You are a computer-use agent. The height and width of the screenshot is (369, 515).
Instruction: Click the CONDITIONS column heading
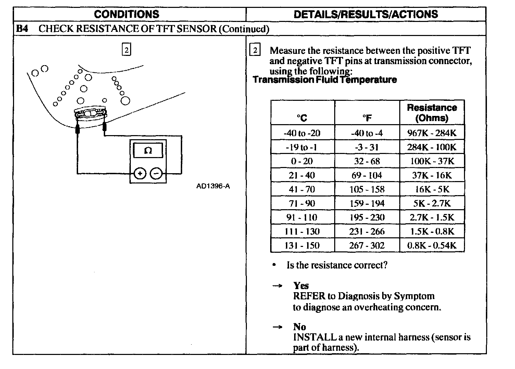pyautogui.click(x=126, y=14)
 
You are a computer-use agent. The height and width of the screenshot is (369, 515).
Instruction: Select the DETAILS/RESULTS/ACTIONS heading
pyautogui.click(x=366, y=14)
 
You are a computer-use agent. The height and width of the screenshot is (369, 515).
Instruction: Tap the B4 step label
pyautogui.click(x=22, y=29)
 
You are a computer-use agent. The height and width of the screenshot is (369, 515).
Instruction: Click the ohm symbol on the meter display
pyautogui.click(x=148, y=151)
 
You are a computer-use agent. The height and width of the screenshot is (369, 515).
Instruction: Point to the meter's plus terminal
pyautogui.click(x=140, y=174)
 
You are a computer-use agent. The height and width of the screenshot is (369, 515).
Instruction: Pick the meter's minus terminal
pyautogui.click(x=156, y=174)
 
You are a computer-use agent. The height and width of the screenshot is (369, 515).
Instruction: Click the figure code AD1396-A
pyautogui.click(x=213, y=186)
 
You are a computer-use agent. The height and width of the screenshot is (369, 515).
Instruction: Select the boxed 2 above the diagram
pyautogui.click(x=126, y=50)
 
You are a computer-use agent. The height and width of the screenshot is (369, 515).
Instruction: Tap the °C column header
pyautogui.click(x=302, y=118)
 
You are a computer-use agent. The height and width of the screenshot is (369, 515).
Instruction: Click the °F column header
pyautogui.click(x=367, y=118)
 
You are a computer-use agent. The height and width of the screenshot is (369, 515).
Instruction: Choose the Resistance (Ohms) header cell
pyautogui.click(x=432, y=113)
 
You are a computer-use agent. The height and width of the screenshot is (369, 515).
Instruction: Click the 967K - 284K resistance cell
pyautogui.click(x=432, y=133)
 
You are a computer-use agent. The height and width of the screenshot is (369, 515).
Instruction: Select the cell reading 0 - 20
pyautogui.click(x=302, y=161)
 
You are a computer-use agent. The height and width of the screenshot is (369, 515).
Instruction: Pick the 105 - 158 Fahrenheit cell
pyautogui.click(x=367, y=189)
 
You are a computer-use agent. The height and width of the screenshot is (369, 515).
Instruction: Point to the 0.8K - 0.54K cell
pyautogui.click(x=432, y=246)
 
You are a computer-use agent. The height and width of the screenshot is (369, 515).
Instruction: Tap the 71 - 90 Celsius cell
pyautogui.click(x=302, y=203)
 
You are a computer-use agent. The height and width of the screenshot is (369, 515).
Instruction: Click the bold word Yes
pyautogui.click(x=301, y=286)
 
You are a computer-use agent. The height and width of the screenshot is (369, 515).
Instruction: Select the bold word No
pyautogui.click(x=300, y=327)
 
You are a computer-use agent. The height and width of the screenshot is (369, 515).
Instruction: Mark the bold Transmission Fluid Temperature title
pyautogui.click(x=325, y=80)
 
